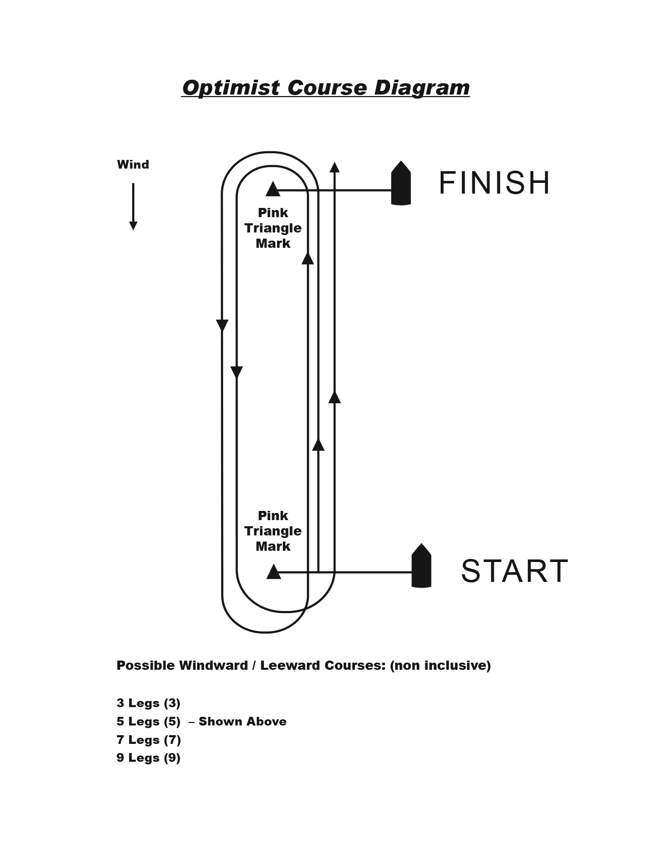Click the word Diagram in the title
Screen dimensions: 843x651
(x=422, y=88)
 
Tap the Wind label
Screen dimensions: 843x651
(x=133, y=165)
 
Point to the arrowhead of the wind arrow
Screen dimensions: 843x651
(x=133, y=225)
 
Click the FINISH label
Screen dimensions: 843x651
(x=494, y=183)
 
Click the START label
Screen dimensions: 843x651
(x=514, y=571)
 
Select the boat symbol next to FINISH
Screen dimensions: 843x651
(x=401, y=183)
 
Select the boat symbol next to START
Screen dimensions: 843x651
(x=421, y=566)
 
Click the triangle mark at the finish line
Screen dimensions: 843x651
(x=273, y=190)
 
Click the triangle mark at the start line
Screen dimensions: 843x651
(x=274, y=572)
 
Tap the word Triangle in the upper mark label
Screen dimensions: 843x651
(x=273, y=228)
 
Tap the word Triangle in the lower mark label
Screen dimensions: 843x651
(x=273, y=531)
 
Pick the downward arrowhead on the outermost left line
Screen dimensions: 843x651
(x=222, y=325)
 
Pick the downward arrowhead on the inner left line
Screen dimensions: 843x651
(x=236, y=372)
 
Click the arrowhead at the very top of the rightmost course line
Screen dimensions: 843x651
(x=334, y=167)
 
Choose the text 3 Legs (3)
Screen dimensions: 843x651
(x=149, y=703)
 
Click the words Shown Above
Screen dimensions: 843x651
(x=243, y=721)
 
